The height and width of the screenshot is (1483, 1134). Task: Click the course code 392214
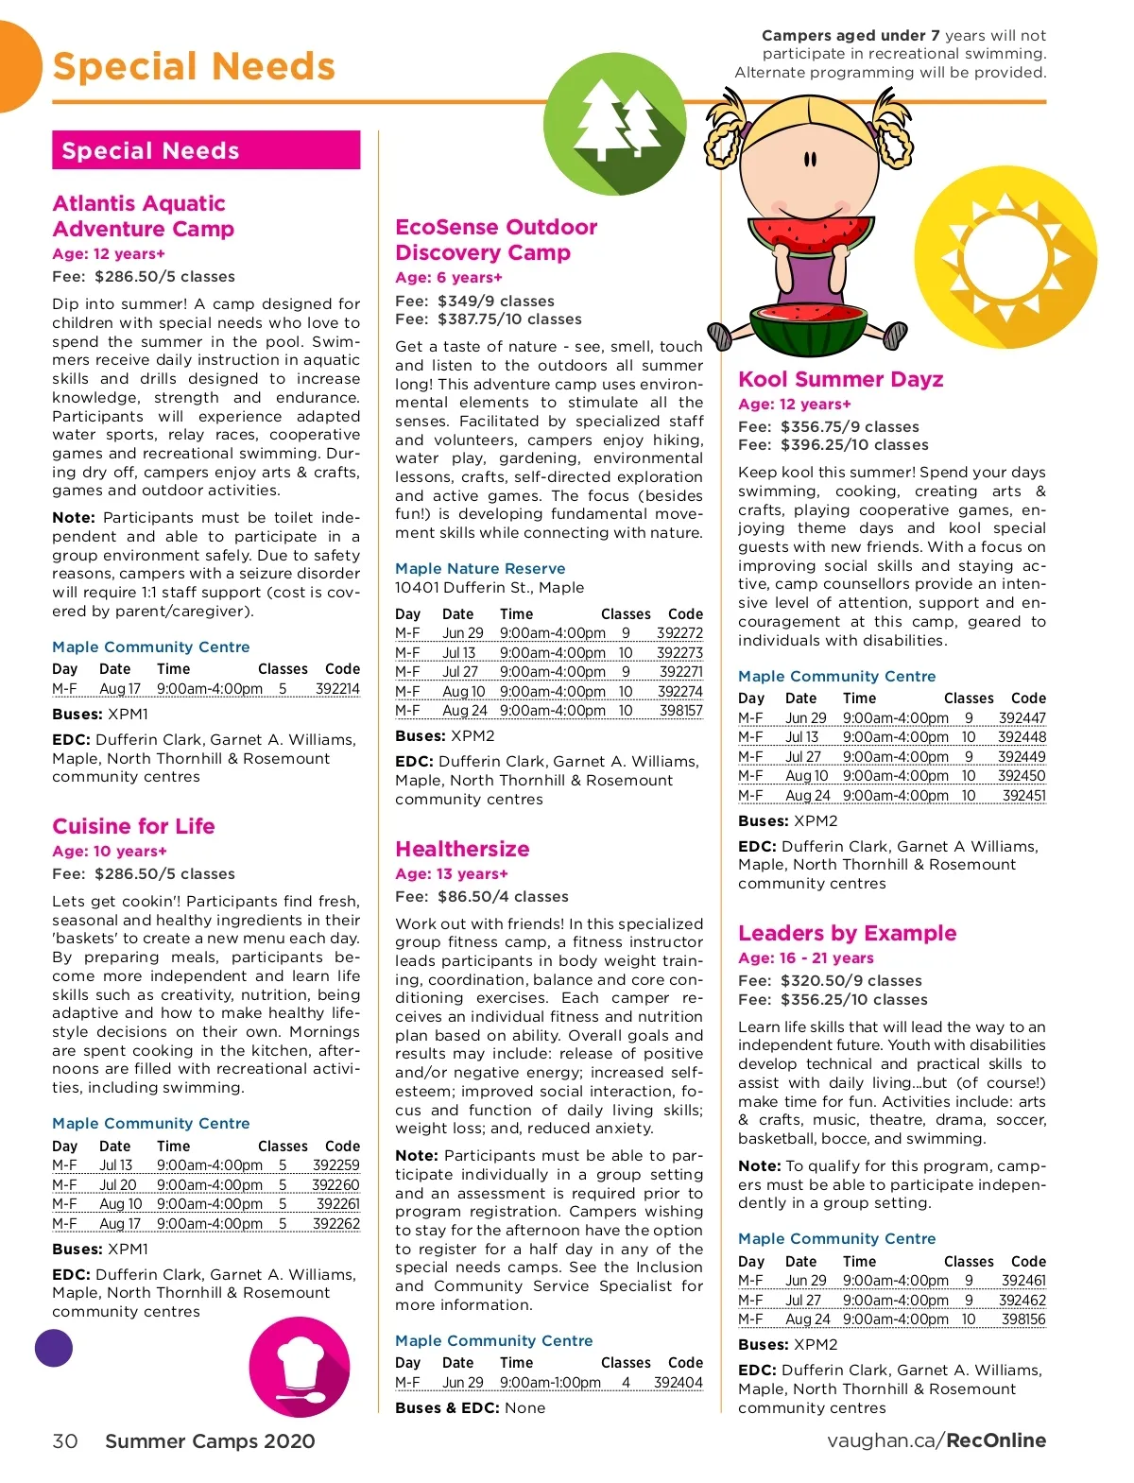click(337, 689)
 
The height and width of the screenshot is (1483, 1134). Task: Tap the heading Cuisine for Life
click(133, 826)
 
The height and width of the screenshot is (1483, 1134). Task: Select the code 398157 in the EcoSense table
click(680, 711)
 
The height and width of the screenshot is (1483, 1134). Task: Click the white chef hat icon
click(300, 1367)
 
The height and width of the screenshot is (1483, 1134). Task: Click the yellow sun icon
click(1005, 257)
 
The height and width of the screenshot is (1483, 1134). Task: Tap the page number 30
click(65, 1441)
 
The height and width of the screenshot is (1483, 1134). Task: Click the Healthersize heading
click(462, 849)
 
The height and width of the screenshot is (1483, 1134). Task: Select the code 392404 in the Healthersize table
click(678, 1383)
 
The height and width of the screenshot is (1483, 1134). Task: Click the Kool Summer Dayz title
click(840, 379)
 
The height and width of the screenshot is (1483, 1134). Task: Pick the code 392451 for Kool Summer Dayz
click(1023, 796)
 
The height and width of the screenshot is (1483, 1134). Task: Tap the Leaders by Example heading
click(847, 933)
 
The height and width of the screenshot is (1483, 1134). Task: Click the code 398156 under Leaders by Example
click(1023, 1319)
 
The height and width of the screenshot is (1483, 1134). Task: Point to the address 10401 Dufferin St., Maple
click(489, 587)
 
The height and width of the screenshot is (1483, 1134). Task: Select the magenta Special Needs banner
click(206, 150)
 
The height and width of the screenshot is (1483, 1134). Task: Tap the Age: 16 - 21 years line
click(805, 958)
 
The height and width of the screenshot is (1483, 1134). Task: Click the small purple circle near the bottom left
click(54, 1348)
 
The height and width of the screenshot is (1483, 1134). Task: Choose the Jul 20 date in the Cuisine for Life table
click(118, 1185)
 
